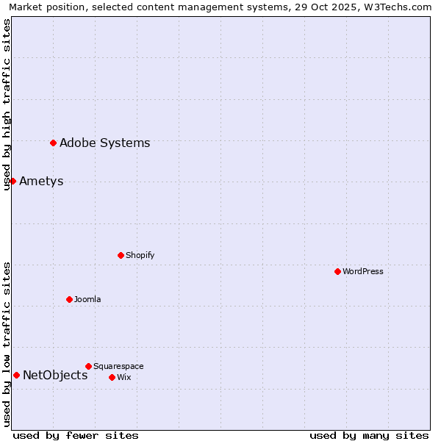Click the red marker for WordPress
click(x=337, y=271)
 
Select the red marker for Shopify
click(x=121, y=255)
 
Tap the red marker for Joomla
click(x=69, y=299)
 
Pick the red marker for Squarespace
click(x=88, y=366)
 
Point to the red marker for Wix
click(x=112, y=377)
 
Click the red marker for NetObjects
click(x=16, y=375)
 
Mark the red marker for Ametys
click(x=12, y=181)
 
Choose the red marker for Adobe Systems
click(x=53, y=143)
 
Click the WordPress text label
click(x=363, y=271)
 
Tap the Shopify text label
click(x=140, y=255)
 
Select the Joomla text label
click(x=87, y=299)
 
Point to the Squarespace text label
click(x=118, y=366)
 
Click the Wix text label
click(x=123, y=377)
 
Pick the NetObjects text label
click(x=55, y=375)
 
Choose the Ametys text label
click(x=41, y=181)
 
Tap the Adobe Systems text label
click(x=104, y=143)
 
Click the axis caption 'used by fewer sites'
click(x=76, y=435)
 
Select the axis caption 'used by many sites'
click(x=369, y=435)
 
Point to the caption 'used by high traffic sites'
click(x=7, y=104)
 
